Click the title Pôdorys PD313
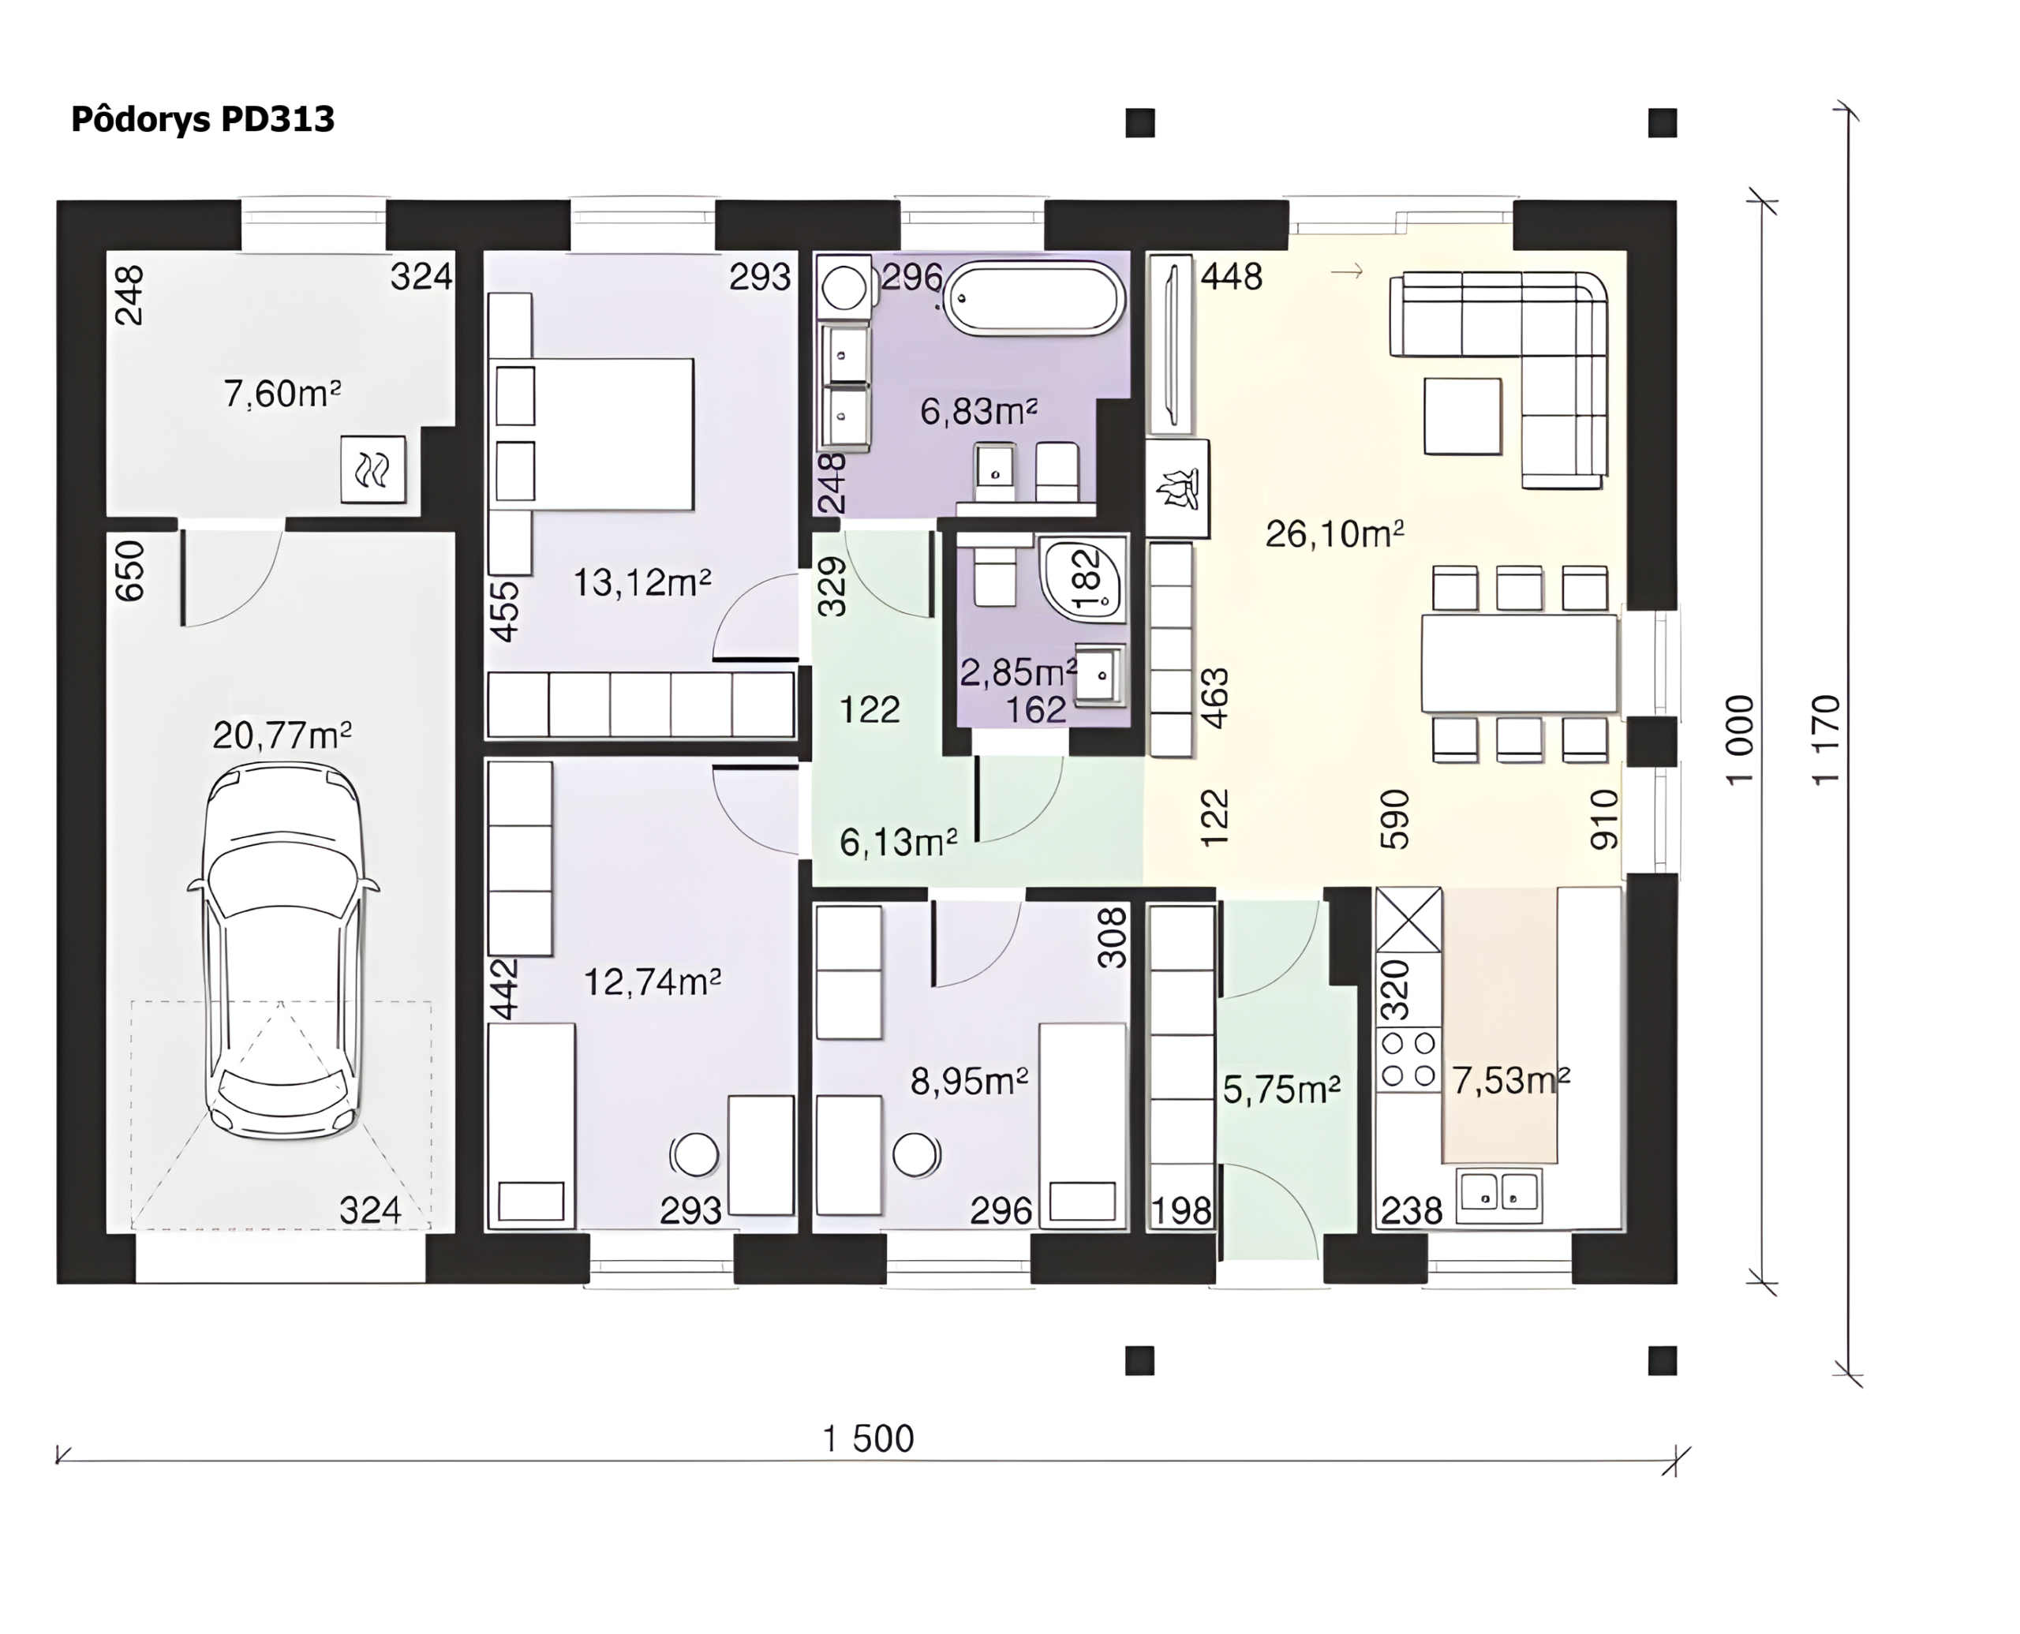click(202, 120)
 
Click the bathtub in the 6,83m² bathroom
click(1033, 298)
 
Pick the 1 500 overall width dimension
click(868, 1438)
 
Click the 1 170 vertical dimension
click(1825, 740)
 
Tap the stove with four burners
click(1409, 1060)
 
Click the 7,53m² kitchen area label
click(1509, 1081)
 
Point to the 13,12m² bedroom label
click(642, 582)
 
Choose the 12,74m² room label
click(653, 982)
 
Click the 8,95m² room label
click(969, 1082)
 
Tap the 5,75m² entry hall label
click(1281, 1089)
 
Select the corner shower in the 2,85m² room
click(1083, 579)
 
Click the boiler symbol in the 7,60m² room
click(372, 469)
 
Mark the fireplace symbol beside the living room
click(1176, 488)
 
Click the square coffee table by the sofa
click(1462, 416)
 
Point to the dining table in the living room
click(1519, 663)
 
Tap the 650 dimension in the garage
click(130, 570)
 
